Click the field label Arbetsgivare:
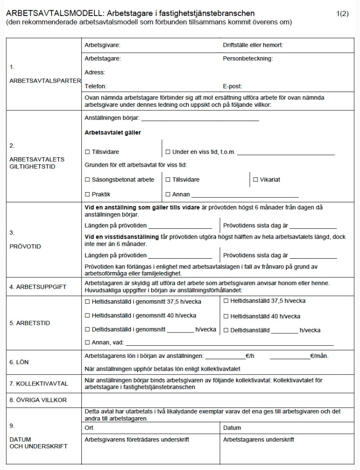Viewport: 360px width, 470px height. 102,45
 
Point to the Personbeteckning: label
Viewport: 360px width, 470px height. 248,59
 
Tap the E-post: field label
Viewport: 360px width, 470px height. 232,86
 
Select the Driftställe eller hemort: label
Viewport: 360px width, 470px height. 253,45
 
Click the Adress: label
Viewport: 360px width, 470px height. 95,72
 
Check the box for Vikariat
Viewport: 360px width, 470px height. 256,180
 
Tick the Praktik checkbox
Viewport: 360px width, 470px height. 87,194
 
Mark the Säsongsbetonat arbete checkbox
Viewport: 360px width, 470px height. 87,180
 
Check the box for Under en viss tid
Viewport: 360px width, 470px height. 168,152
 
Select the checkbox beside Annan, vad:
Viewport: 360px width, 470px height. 87,343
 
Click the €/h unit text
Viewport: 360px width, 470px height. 250,356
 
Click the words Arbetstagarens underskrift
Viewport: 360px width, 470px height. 258,440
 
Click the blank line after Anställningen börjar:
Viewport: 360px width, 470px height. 200,119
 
